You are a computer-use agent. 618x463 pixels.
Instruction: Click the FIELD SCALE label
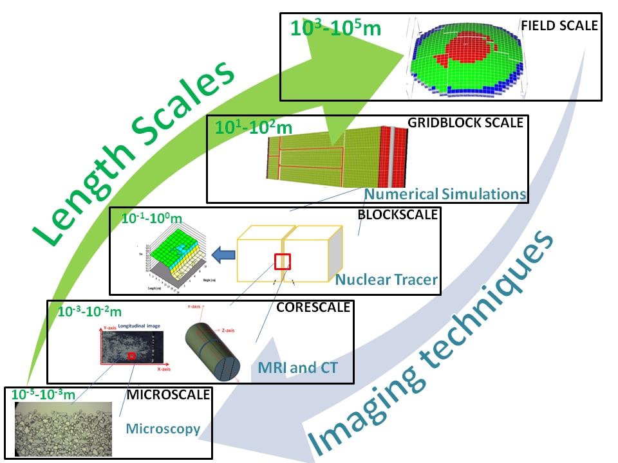559,26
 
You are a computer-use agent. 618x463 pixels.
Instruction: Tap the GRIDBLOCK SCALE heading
465,123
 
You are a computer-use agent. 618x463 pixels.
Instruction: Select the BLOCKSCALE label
398,215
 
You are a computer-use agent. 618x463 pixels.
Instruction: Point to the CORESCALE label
313,307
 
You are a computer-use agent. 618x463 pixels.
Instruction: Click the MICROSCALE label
168,394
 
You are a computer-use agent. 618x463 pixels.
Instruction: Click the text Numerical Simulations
445,194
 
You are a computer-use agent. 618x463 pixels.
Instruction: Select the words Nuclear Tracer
386,280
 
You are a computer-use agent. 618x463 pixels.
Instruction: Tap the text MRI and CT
297,368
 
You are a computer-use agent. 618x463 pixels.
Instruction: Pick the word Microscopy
163,428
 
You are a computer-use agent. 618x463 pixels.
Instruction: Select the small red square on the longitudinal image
131,356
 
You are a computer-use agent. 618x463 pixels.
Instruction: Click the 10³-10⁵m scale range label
335,28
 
